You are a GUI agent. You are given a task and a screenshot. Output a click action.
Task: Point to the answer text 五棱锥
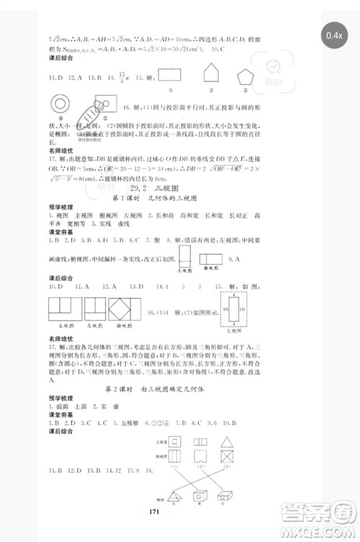(x=130, y=423)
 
